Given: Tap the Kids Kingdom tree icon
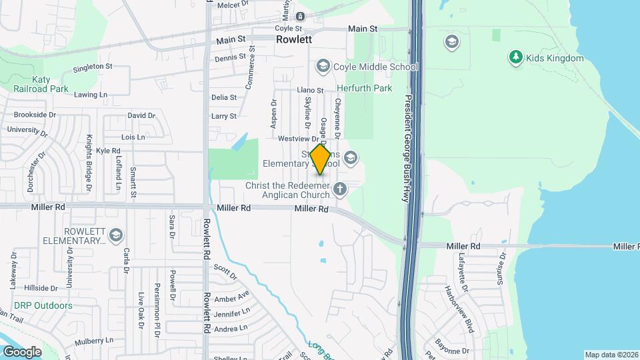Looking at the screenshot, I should coord(515,58).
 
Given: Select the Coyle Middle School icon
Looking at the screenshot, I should coord(323,66).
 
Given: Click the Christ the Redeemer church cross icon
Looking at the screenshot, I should coord(340,189).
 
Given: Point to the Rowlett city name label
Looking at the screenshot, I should coord(295,40).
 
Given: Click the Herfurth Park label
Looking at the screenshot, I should coord(363,88).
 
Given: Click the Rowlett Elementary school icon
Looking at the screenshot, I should coord(116,235).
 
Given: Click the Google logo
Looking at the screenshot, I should coord(22,351).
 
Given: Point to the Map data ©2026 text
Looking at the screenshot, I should coord(611,355).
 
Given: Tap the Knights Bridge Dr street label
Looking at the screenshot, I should coord(89,163).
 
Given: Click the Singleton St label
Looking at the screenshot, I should coord(93,67).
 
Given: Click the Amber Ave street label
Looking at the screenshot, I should coord(232,295).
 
